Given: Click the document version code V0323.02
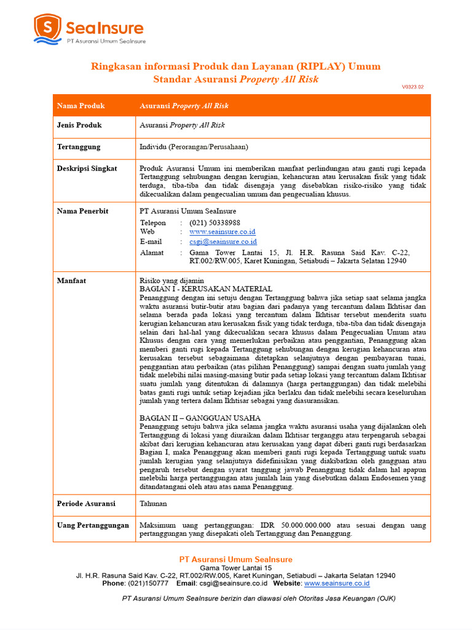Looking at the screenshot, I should tap(412, 87).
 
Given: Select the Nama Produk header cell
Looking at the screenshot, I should tap(81, 106).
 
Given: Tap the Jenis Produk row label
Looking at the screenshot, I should tap(79, 125).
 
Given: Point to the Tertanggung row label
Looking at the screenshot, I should tap(79, 147).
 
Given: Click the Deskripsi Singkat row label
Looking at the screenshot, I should tap(87, 169).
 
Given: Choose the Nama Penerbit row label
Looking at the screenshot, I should tap(82, 211).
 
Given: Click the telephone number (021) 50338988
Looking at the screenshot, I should tap(214, 223).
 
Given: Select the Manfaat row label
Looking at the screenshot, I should tap(71, 281).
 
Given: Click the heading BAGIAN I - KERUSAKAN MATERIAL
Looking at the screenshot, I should tap(206, 289).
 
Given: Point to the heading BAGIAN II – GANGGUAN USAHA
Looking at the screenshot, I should tap(200, 418).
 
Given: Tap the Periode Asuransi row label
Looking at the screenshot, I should tap(86, 503).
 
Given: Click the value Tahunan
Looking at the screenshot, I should tap(154, 503).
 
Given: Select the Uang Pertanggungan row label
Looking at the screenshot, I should tap(93, 525).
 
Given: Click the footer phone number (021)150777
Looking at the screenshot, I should tap(147, 583).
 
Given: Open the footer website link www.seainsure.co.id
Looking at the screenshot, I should tap(337, 583).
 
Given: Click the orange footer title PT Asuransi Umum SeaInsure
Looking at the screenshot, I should tap(235, 559).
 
